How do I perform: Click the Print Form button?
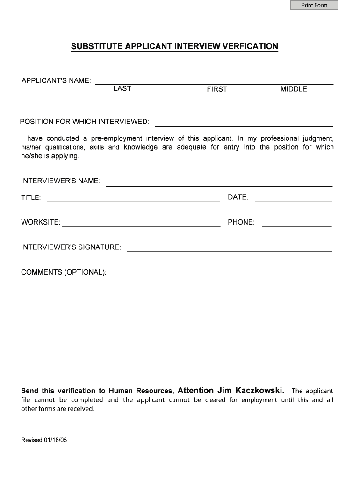click(x=314, y=6)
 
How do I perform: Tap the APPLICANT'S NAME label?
click(x=56, y=80)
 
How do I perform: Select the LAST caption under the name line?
click(x=122, y=88)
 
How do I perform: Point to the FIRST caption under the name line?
click(x=217, y=89)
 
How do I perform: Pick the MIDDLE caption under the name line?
click(x=294, y=89)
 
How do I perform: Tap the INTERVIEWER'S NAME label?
click(x=60, y=181)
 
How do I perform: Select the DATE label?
click(x=238, y=197)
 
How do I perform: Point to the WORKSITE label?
click(x=41, y=222)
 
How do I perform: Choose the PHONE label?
click(x=241, y=222)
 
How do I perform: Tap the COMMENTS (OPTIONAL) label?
click(x=64, y=272)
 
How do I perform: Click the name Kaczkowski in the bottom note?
click(x=260, y=390)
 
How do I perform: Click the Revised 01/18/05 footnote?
click(x=44, y=440)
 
